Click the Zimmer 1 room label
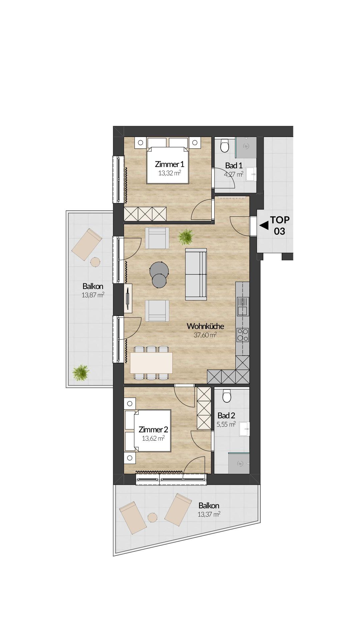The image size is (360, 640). (x=169, y=164)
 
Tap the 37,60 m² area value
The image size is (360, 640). (x=205, y=335)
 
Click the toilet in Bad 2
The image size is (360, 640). (x=227, y=396)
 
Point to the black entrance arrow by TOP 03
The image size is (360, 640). (x=264, y=226)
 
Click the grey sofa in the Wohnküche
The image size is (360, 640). (x=196, y=274)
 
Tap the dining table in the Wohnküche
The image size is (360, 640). (x=151, y=363)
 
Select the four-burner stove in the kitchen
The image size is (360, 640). (x=243, y=335)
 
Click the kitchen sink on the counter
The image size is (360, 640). (x=243, y=306)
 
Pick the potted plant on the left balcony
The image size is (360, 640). (x=81, y=372)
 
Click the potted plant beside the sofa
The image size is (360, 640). (x=186, y=237)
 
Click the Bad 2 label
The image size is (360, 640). (x=226, y=416)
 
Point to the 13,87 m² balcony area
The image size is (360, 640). (x=93, y=295)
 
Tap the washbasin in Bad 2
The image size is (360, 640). (x=244, y=429)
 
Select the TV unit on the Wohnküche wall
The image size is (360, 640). (x=128, y=298)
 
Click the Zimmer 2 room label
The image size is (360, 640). (x=153, y=430)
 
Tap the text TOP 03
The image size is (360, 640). (x=280, y=225)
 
